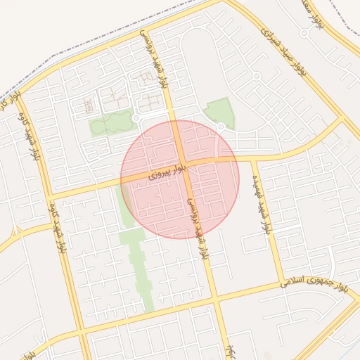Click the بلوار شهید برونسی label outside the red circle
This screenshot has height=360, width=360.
click(156, 59)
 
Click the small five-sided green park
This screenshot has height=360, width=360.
click(221, 111)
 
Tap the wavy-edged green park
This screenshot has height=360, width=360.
click(111, 123)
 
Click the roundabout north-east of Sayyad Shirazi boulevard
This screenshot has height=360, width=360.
click(304, 33)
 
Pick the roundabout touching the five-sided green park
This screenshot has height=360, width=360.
click(221, 127)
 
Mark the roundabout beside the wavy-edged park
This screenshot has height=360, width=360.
click(136, 118)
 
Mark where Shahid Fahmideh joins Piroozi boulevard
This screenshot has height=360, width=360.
click(252, 159)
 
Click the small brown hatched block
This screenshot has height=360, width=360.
click(88, 106)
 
